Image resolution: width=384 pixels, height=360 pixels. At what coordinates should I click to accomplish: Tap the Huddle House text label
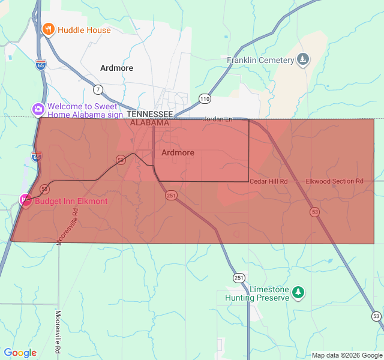tap(84, 30)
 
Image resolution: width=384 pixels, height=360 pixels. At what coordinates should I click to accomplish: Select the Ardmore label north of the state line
tap(117, 68)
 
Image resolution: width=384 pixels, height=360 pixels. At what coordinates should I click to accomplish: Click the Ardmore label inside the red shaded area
tap(178, 152)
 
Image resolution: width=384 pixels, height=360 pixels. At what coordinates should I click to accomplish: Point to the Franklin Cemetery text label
tap(260, 60)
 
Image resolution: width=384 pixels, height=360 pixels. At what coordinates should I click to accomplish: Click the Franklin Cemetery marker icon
tap(304, 59)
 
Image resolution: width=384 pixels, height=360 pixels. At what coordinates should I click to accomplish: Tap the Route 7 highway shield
tap(98, 90)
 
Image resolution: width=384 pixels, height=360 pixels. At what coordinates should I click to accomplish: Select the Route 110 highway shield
tap(205, 98)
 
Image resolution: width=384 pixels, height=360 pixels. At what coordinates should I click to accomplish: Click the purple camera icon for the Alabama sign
tap(38, 109)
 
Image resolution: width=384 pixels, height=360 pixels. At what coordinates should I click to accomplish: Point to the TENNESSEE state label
tap(150, 114)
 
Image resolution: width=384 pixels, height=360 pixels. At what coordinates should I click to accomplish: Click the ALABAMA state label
tap(150, 122)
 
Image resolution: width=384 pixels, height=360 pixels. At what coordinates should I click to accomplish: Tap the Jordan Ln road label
tap(217, 119)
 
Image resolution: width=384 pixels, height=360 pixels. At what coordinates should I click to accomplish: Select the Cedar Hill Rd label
tap(269, 181)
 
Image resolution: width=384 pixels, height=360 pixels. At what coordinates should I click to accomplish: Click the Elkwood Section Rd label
tap(335, 181)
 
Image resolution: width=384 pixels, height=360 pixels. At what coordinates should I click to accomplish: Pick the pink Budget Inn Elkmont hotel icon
tap(26, 200)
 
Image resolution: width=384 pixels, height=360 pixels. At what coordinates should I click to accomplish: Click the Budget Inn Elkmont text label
tap(71, 201)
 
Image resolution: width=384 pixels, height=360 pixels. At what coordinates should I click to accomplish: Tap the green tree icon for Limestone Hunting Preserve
tap(298, 293)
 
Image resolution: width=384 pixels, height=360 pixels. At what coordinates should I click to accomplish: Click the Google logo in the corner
tap(20, 353)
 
